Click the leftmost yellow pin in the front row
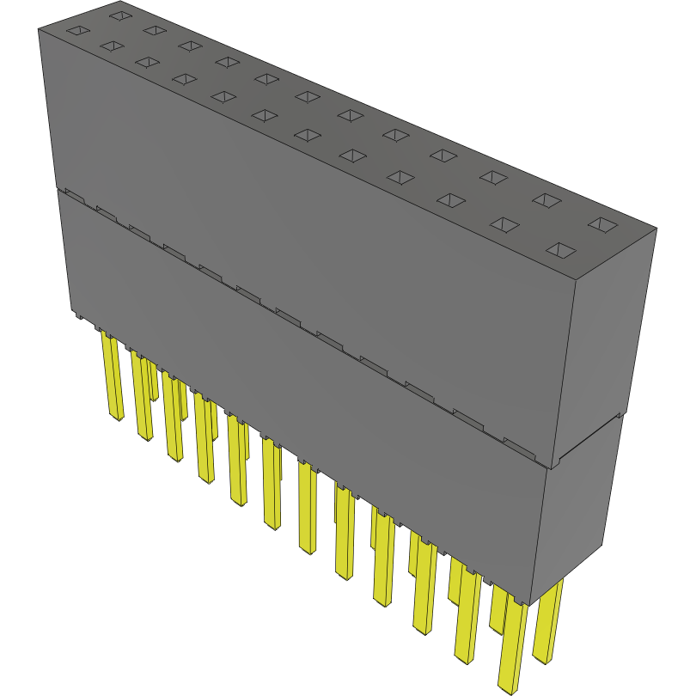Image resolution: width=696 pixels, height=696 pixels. click(113, 378)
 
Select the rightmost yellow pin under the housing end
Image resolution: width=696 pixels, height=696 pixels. click(547, 623)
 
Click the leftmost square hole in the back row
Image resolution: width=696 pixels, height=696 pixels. click(119, 15)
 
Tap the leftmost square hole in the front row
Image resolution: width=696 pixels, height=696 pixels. click(78, 32)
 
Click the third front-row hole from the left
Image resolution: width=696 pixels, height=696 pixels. click(147, 63)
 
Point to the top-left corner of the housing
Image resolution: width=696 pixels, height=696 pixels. click(39, 29)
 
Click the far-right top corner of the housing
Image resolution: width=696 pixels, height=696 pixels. click(656, 229)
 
